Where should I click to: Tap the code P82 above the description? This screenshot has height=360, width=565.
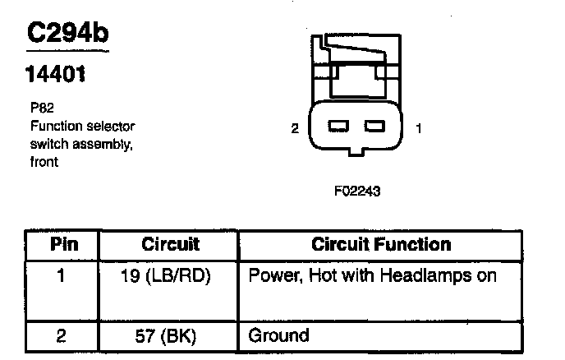click(x=38, y=107)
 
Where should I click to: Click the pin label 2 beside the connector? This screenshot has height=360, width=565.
click(x=293, y=127)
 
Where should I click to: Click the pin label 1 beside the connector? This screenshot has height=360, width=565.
click(x=420, y=127)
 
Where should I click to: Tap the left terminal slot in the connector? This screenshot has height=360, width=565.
click(x=338, y=127)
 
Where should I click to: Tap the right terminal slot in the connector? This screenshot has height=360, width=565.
click(x=374, y=127)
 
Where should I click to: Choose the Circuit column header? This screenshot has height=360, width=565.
click(x=171, y=245)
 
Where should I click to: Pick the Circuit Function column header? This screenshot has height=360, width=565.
click(x=381, y=245)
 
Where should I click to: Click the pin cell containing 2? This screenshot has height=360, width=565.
click(x=62, y=335)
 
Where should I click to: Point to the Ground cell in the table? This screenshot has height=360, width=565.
click(x=278, y=335)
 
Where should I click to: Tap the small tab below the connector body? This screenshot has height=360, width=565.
click(x=356, y=151)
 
